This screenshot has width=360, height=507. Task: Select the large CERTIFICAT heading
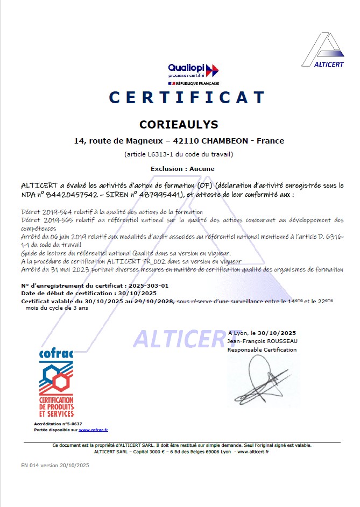tap(187, 98)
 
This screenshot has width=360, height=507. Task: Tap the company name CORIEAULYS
tap(179, 124)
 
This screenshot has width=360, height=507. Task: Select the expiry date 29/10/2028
tap(153, 302)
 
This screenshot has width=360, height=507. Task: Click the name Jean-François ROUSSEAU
tap(262, 341)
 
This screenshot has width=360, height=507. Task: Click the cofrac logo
tap(56, 383)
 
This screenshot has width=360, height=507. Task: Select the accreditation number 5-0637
tap(72, 424)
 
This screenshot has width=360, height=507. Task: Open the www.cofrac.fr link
tap(93, 430)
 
